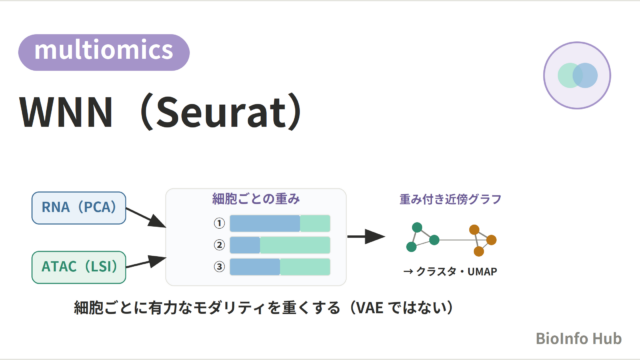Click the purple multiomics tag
point(104,52)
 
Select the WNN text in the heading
point(66,112)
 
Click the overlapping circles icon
point(577,76)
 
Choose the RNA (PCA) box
point(79,208)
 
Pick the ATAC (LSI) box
point(79,267)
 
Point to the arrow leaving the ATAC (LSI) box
point(146,262)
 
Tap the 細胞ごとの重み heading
point(256,199)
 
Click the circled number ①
point(219,223)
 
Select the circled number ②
point(219,245)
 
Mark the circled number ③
point(219,267)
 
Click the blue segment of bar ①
point(265,223)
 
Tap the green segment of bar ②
point(295,245)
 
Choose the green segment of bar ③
point(305,267)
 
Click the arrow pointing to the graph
point(366,236)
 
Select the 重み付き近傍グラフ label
point(450,199)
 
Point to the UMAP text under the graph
point(482,271)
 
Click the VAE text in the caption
point(368,308)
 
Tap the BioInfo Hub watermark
point(578,338)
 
